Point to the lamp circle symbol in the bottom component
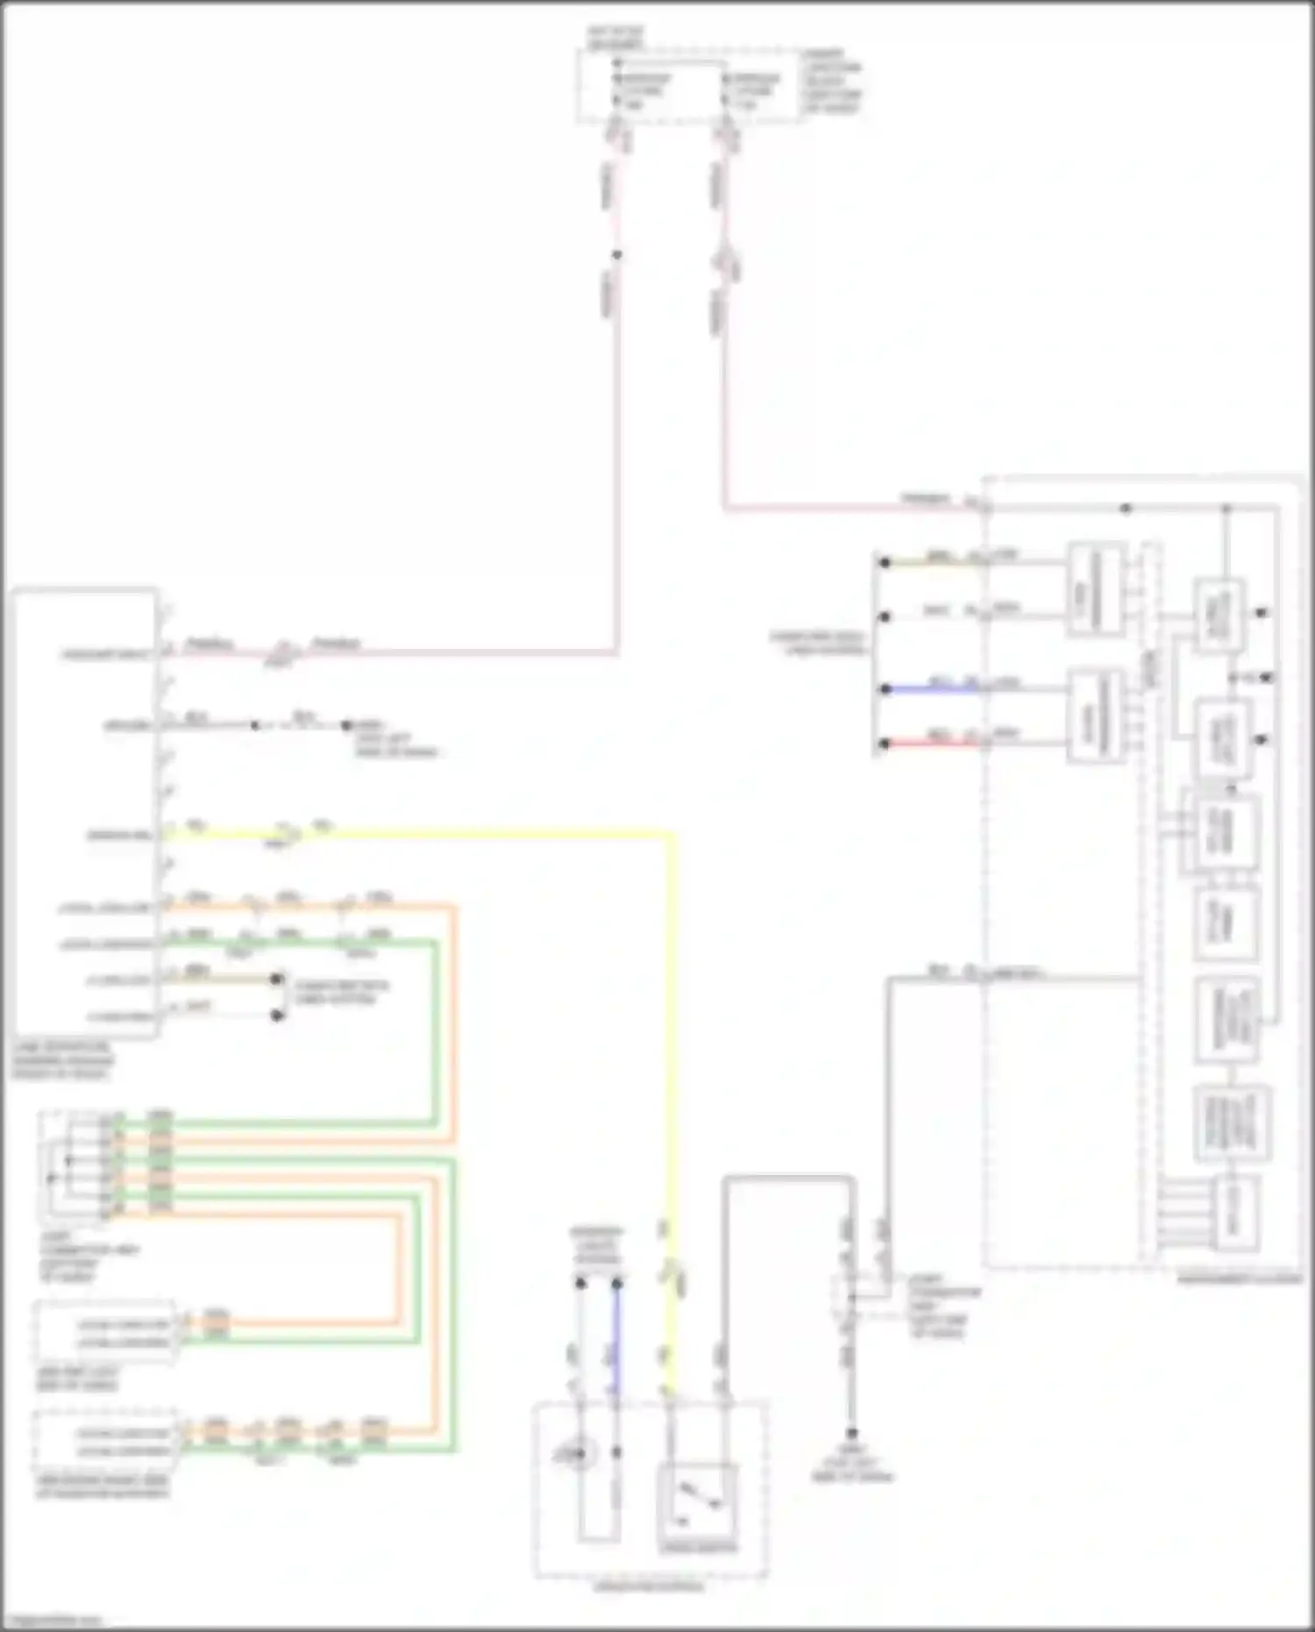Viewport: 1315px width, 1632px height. pos(579,1456)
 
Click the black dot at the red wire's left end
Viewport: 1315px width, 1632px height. pos(885,744)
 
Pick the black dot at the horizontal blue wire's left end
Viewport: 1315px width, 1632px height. pos(885,689)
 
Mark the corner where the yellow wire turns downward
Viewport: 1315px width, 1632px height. pos(672,835)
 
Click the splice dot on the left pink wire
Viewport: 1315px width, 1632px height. pos(617,255)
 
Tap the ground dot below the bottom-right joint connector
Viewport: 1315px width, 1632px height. pos(851,1435)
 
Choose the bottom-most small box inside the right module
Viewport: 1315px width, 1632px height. pos(1234,1215)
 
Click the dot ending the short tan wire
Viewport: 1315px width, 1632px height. pos(277,979)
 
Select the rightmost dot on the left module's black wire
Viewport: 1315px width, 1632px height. pos(346,725)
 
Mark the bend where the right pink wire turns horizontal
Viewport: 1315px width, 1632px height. pos(725,507)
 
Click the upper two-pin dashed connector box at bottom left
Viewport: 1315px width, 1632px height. pos(103,1332)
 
